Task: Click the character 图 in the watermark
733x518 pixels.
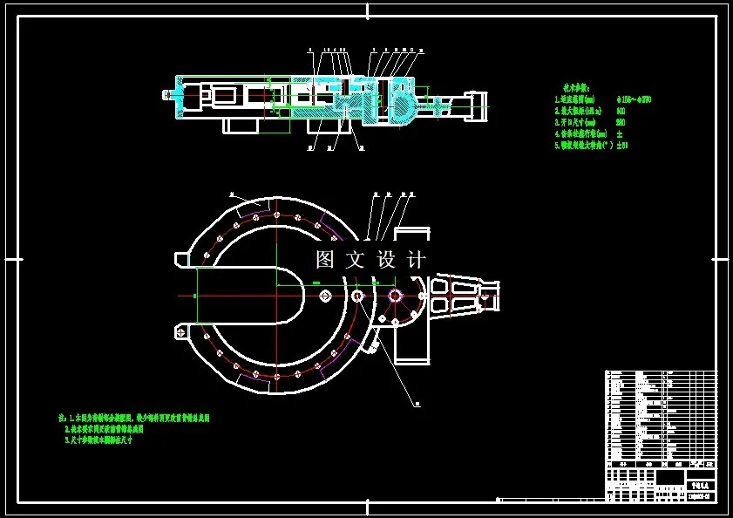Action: pos(325,259)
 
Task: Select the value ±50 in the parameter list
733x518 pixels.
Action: pos(622,146)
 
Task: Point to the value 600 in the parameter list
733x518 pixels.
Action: pos(621,112)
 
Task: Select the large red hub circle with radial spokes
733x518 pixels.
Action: pos(396,297)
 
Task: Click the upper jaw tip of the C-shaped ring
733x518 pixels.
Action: pos(182,259)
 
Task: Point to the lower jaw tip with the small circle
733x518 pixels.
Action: pos(182,332)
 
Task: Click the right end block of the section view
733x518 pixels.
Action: pos(478,105)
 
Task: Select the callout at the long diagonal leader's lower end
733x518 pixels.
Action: pos(417,404)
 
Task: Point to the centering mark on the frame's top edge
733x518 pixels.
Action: pos(367,10)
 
